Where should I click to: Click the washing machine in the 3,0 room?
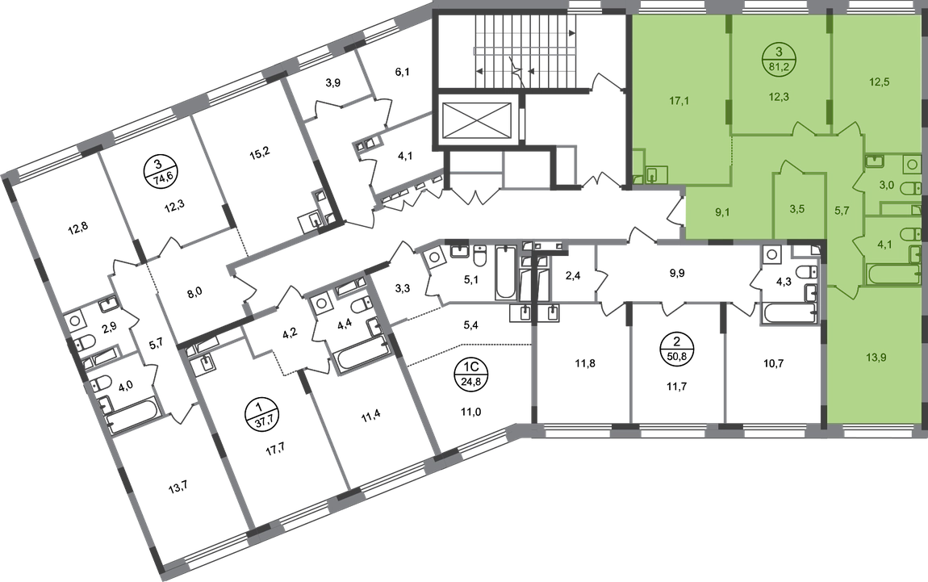[911, 165]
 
